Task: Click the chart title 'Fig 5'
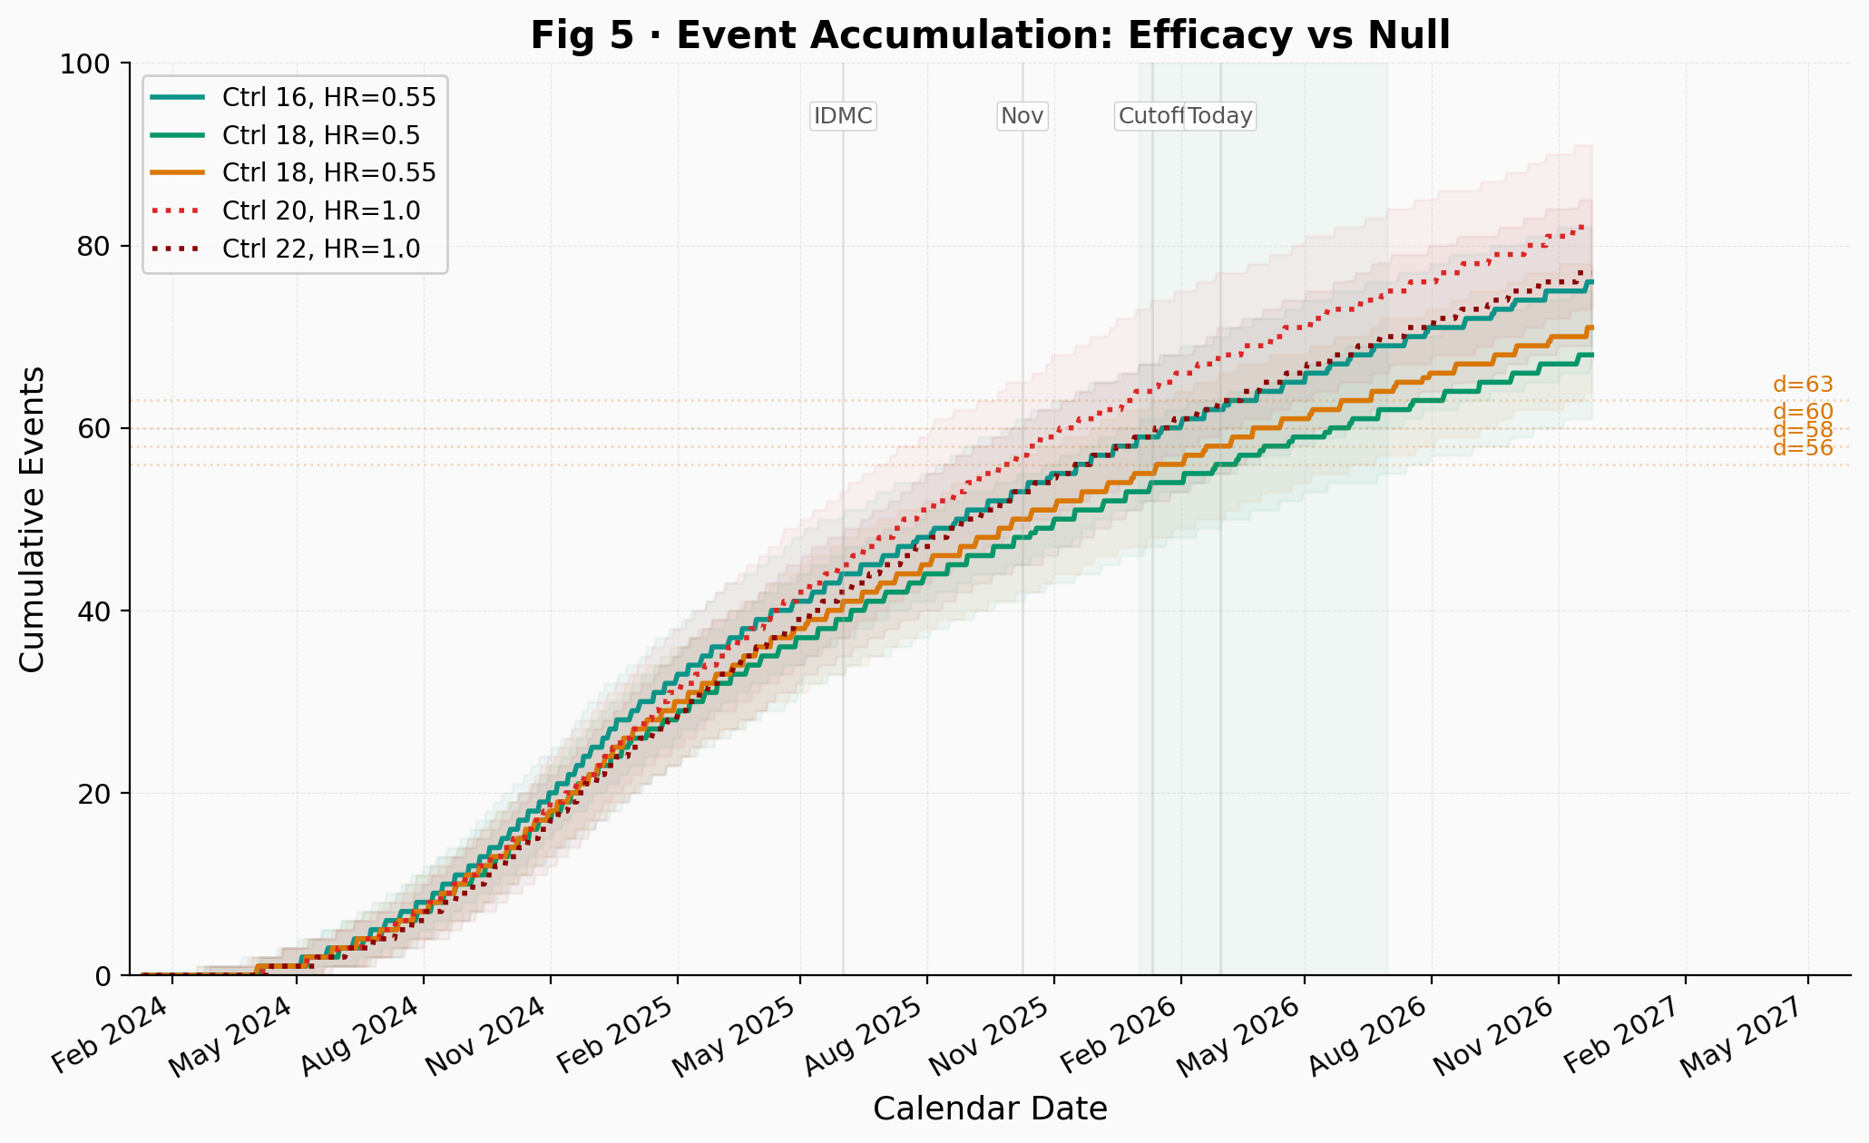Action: (990, 36)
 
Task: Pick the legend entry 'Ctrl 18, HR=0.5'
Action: (320, 135)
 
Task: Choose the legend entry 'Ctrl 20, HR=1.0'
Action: (320, 210)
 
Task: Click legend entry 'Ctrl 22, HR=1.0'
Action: (320, 249)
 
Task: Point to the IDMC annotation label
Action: (843, 116)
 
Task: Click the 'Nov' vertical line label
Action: (1023, 116)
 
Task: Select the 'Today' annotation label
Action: (1220, 116)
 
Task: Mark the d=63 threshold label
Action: (1803, 385)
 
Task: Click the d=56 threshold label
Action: (1803, 448)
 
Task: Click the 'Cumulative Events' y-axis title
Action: (33, 519)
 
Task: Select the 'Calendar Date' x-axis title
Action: (990, 1109)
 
